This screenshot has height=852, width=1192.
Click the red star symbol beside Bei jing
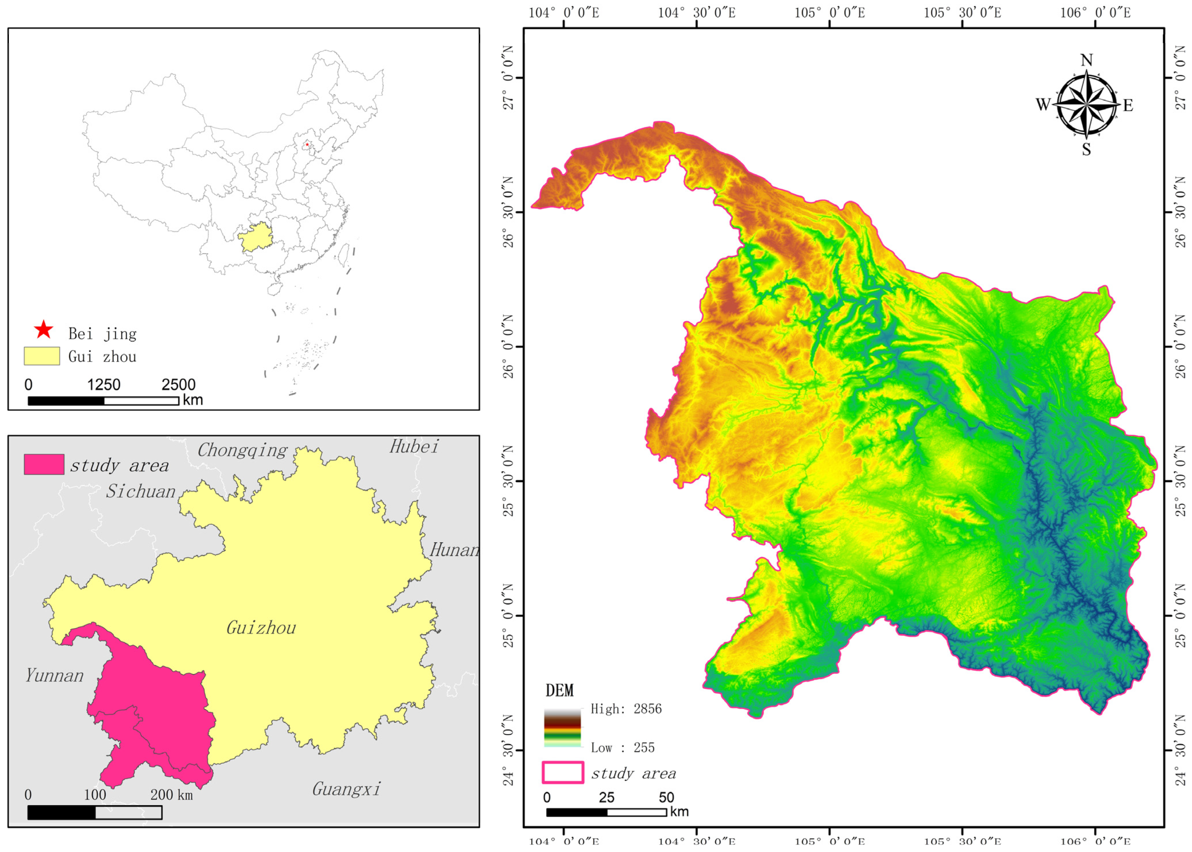click(43, 330)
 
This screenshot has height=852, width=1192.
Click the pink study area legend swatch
click(44, 464)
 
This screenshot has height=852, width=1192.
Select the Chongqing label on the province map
click(242, 450)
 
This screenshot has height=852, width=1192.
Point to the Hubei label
click(413, 447)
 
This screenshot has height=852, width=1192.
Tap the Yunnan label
click(55, 676)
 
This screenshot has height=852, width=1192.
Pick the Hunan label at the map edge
click(454, 550)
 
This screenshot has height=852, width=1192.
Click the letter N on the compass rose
click(1086, 60)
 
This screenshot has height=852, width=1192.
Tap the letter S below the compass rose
click(1086, 150)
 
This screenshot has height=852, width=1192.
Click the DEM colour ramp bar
click(562, 728)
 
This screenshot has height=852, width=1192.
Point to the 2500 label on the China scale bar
click(178, 385)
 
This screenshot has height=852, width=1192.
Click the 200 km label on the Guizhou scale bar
click(172, 795)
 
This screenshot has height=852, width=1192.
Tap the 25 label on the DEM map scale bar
click(607, 797)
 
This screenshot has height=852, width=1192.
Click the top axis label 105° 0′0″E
click(830, 12)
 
